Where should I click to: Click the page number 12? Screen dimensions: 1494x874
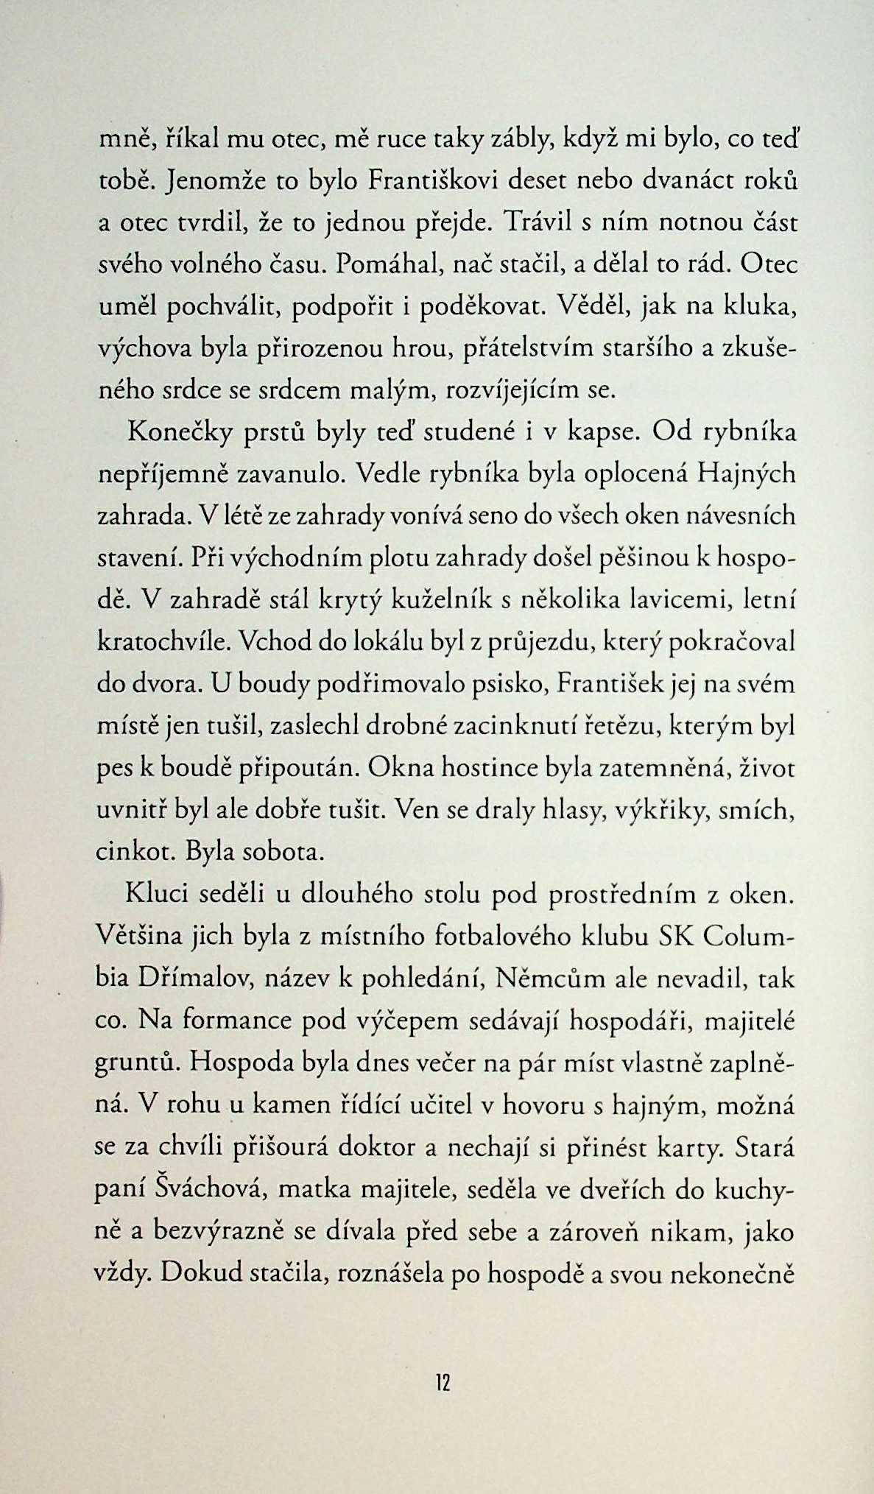pos(442,1383)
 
